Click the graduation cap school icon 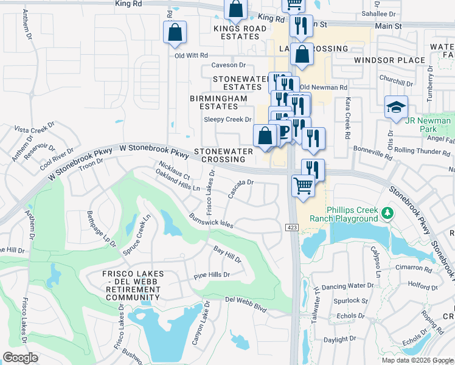(x=396, y=108)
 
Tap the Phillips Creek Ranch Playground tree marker (x=387, y=214)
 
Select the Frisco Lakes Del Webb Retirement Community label (x=132, y=286)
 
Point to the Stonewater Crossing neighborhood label (x=219, y=155)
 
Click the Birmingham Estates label (x=218, y=102)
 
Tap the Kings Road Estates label (x=240, y=32)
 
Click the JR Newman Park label (x=428, y=125)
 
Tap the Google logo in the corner (x=20, y=358)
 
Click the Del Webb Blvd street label (x=246, y=304)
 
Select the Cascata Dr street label (x=240, y=189)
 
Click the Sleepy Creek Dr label (x=227, y=120)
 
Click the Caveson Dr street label (x=228, y=65)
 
